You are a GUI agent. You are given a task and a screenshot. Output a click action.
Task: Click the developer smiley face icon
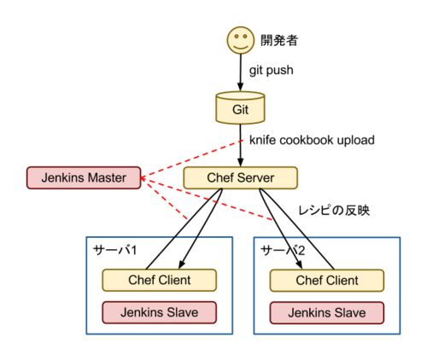pyautogui.click(x=240, y=40)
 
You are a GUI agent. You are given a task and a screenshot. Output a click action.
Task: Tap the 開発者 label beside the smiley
pyautogui.click(x=279, y=40)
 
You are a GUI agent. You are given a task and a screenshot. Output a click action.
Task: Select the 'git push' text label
pyautogui.click(x=272, y=71)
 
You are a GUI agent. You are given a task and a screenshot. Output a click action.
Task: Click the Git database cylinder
pyautogui.click(x=240, y=107)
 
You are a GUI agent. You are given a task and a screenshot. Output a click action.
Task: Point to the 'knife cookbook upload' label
pyautogui.click(x=312, y=140)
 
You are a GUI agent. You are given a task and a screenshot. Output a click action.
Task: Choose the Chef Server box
pyautogui.click(x=241, y=178)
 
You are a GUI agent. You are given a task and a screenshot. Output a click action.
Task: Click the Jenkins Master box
pyautogui.click(x=84, y=178)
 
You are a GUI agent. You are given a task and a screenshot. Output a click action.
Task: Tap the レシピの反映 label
pyautogui.click(x=334, y=211)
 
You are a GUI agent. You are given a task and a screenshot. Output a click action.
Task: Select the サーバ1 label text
pyautogui.click(x=115, y=250)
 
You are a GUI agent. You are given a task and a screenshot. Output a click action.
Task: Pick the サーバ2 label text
pyautogui.click(x=283, y=250)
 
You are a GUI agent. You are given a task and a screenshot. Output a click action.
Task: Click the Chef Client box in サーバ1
pyautogui.click(x=160, y=280)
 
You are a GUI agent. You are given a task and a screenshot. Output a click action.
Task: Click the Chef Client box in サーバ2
pyautogui.click(x=327, y=281)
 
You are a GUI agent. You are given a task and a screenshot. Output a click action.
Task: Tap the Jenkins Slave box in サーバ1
pyautogui.click(x=160, y=312)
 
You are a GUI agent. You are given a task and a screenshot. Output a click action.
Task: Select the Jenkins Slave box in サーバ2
pyautogui.click(x=327, y=313)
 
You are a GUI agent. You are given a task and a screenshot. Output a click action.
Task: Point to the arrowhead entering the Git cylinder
pyautogui.click(x=240, y=86)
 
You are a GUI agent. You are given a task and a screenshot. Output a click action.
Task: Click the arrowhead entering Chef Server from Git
pyautogui.click(x=241, y=163)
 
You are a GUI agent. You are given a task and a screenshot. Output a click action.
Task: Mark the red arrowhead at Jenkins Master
pyautogui.click(x=143, y=178)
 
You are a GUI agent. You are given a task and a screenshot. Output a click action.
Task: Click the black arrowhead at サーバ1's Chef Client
pyautogui.click(x=182, y=264)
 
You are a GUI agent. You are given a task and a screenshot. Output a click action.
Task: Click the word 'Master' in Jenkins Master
pyautogui.click(x=107, y=178)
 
